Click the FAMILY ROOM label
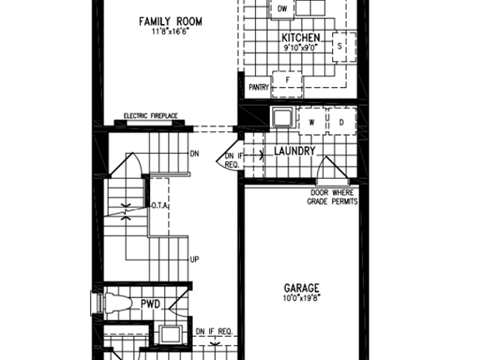click(170, 22)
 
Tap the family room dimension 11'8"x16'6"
click(170, 31)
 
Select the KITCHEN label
click(301, 38)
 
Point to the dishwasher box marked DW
click(282, 9)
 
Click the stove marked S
click(344, 46)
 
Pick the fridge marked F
click(287, 85)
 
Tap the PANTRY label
click(259, 88)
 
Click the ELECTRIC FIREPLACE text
click(151, 116)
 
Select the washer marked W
click(312, 121)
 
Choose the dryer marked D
click(342, 121)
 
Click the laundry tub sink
click(283, 118)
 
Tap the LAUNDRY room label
click(295, 151)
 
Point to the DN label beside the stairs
click(195, 154)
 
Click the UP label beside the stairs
click(195, 259)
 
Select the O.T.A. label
click(160, 205)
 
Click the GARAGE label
click(301, 288)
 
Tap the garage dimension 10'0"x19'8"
click(301, 298)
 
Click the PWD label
click(150, 304)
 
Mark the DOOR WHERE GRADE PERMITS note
click(332, 197)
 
